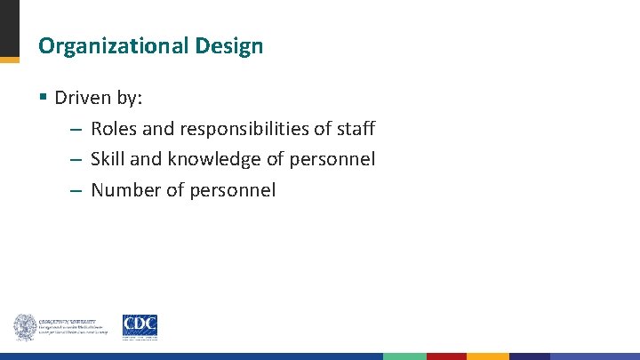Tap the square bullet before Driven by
pyautogui.click(x=44, y=97)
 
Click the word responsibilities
pyautogui.click(x=244, y=129)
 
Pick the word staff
pyautogui.click(x=356, y=129)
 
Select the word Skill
pyautogui.click(x=108, y=159)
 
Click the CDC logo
pyautogui.click(x=140, y=326)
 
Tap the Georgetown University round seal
pyautogui.click(x=24, y=327)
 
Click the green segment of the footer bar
pyautogui.click(x=404, y=356)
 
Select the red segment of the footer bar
pyautogui.click(x=446, y=356)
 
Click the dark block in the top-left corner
pyautogui.click(x=9, y=28)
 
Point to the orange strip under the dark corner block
pyautogui.click(x=9, y=60)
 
